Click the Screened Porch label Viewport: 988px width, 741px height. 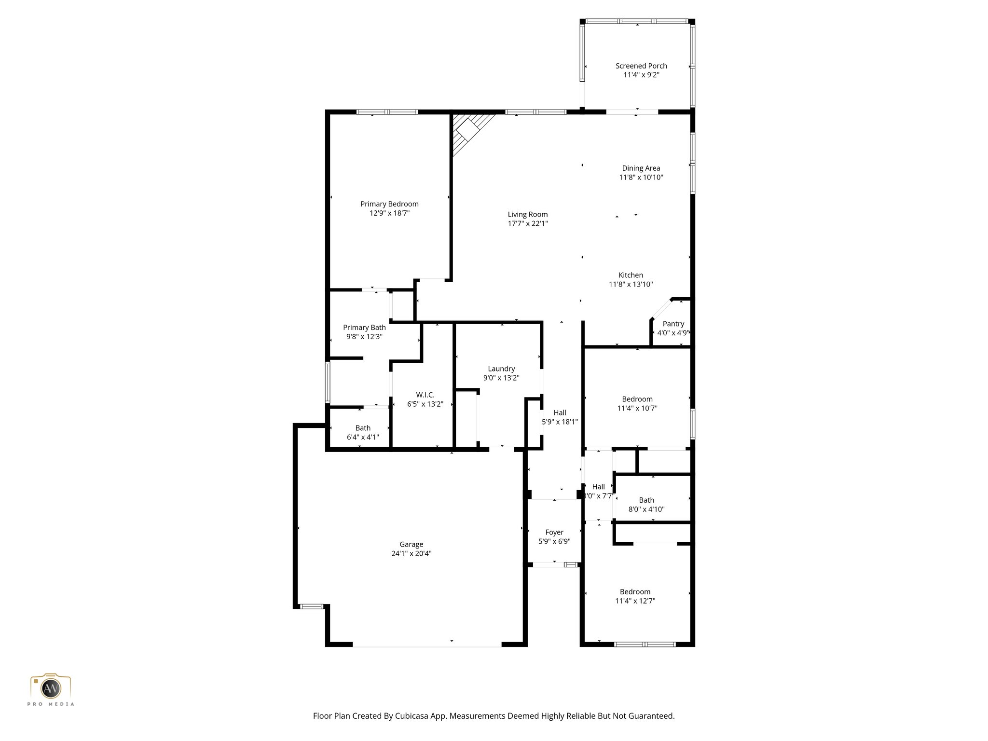tap(641, 66)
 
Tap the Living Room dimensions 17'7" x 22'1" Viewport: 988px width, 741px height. tap(527, 223)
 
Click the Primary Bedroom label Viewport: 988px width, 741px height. tap(389, 204)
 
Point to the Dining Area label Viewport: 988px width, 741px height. tap(641, 168)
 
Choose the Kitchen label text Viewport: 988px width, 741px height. tap(631, 275)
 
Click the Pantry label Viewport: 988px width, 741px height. tap(673, 324)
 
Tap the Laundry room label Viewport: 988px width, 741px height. tap(501, 369)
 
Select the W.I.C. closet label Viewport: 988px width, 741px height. tap(425, 395)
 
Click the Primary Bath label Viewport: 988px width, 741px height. tap(364, 328)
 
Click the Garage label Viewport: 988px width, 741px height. tap(411, 545)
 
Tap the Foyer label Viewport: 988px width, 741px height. tap(554, 533)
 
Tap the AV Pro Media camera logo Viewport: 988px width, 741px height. tap(51, 688)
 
